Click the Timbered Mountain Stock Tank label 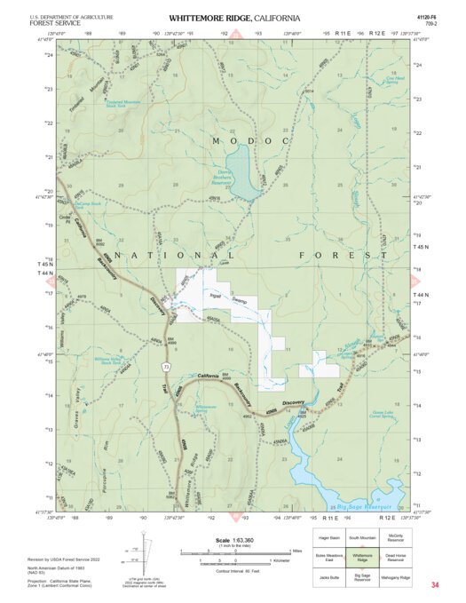(99, 102)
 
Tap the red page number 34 (435, 585)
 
